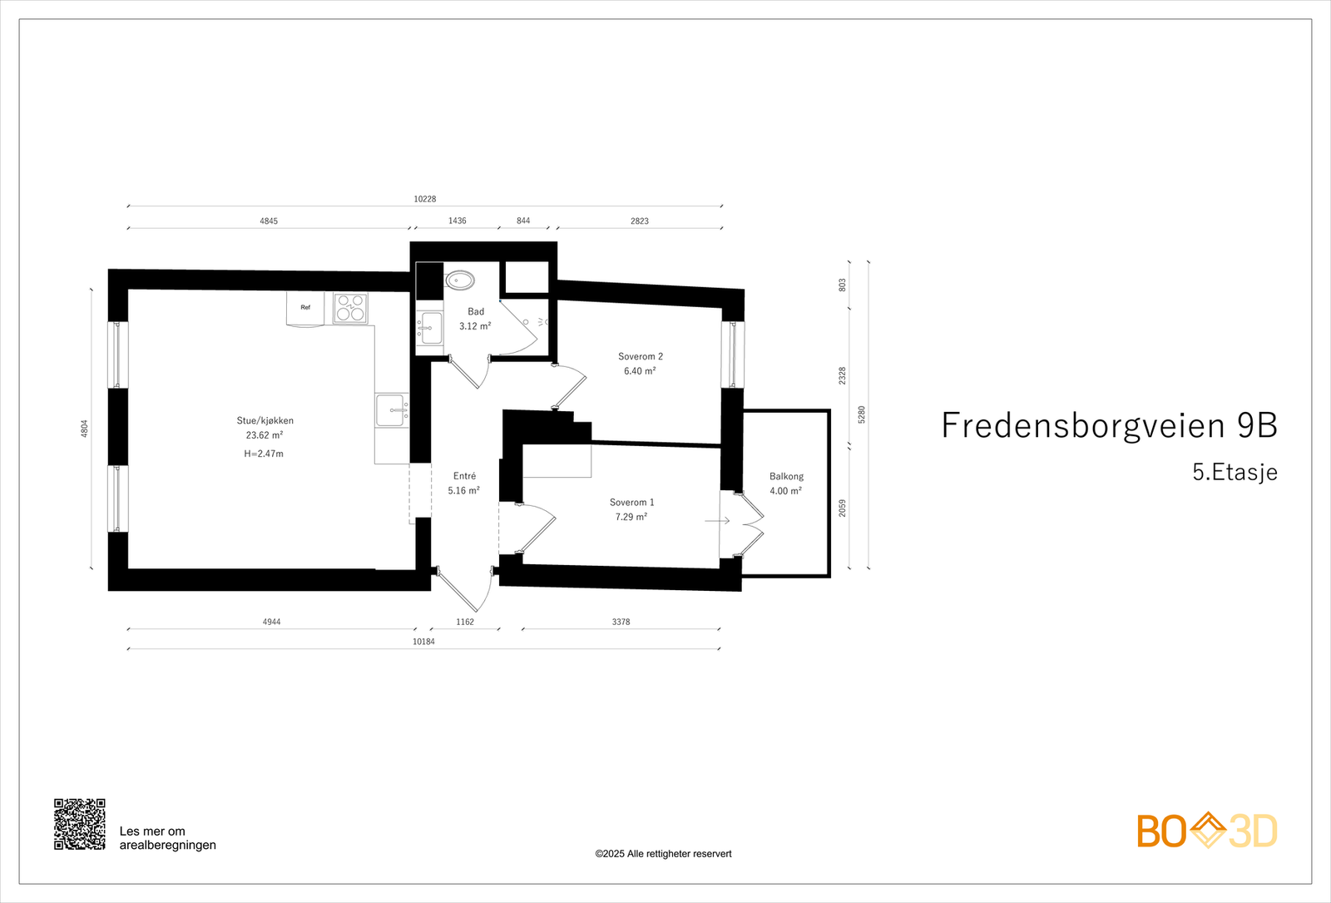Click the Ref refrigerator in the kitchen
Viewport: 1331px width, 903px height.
tap(305, 308)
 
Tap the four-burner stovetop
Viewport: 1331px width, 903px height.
tap(350, 308)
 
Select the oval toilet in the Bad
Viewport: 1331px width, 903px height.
tap(458, 280)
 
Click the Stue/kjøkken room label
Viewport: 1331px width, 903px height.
tap(265, 420)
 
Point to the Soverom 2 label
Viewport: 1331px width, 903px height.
tap(640, 356)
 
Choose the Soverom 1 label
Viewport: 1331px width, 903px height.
tap(631, 502)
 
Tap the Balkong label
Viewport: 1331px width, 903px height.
tap(786, 476)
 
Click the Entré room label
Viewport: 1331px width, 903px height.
tap(464, 476)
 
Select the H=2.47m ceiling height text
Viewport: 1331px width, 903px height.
tap(264, 454)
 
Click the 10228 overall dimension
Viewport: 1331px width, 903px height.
tap(424, 199)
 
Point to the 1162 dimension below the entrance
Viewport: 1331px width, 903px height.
tap(464, 622)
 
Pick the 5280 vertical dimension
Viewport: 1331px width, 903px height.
tap(862, 414)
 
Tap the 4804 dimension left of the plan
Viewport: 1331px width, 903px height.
tap(84, 429)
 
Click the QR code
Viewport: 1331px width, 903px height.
tap(80, 824)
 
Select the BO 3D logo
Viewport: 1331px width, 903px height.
tap(1206, 831)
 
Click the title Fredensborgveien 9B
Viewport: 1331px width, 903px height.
tap(1109, 425)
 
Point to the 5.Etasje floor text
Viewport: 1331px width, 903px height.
tap(1235, 473)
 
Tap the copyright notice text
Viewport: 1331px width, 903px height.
tap(663, 854)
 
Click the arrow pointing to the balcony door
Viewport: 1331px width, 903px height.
tap(717, 521)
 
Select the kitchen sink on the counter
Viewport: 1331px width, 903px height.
tap(391, 409)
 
